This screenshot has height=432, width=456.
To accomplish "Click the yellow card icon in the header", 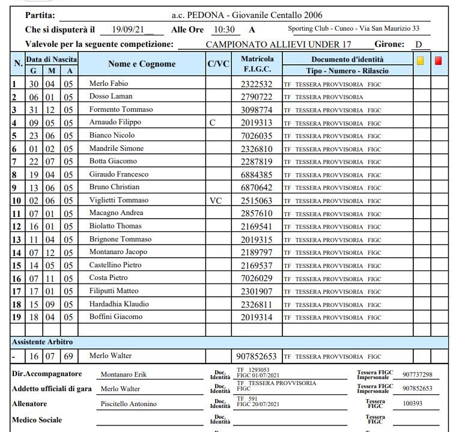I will point(421,60).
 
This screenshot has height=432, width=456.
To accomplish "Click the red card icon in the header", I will point(439,60).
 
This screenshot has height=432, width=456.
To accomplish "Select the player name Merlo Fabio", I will point(109,84).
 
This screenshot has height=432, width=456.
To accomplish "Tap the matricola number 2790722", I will point(256,97).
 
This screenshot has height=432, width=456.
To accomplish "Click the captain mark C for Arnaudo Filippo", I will point(212,123).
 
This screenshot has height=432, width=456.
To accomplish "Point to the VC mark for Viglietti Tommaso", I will point(215,201).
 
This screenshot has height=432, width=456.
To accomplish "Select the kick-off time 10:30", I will point(223,29).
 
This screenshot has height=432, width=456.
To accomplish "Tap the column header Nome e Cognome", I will point(142,64).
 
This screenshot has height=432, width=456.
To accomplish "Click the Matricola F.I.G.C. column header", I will point(257,64).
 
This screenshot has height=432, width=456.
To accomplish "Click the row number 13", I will point(17,240).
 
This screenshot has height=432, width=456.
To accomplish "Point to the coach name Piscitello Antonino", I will point(128,404).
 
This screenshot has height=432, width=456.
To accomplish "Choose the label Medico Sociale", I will point(37,420).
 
